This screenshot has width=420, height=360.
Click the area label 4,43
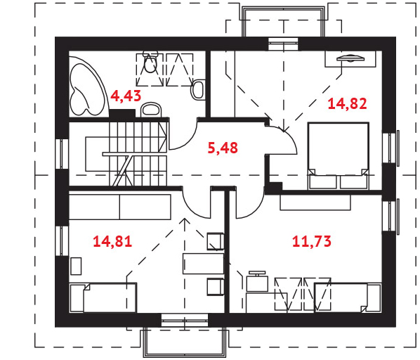[x=126, y=96]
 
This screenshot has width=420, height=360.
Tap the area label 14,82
[x=347, y=104]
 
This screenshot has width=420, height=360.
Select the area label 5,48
[x=223, y=148]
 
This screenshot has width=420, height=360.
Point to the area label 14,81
[x=112, y=241]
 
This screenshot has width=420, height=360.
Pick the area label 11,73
[x=312, y=241]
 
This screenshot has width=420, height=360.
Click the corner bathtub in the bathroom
[x=87, y=87]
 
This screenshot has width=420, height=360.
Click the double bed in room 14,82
[x=339, y=155]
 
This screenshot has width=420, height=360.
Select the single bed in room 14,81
[x=103, y=297]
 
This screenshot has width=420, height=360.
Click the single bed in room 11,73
[x=348, y=297]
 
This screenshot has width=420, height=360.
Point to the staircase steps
[x=138, y=153]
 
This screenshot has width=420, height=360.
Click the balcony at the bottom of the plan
[x=185, y=342]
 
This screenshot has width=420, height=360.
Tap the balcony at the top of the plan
[x=283, y=21]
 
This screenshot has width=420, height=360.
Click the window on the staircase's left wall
[x=62, y=153]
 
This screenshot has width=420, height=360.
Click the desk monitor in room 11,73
[x=257, y=273]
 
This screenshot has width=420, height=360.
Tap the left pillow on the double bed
[x=323, y=182]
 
